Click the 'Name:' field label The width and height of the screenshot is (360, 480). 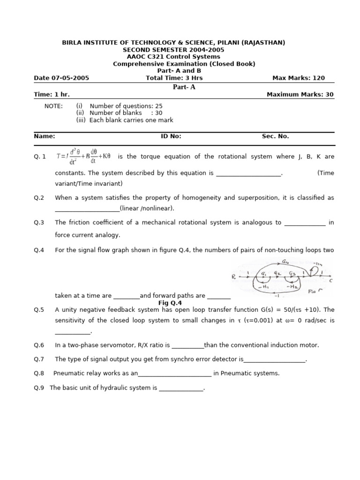[x=45, y=136]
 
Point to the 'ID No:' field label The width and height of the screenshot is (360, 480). [x=171, y=136]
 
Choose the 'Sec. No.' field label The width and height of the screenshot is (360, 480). [x=275, y=136]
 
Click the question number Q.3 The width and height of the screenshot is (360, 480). [x=39, y=223]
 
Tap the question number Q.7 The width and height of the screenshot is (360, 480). [x=39, y=359]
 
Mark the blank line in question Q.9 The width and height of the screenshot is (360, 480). [x=181, y=388]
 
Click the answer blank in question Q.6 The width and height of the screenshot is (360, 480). [x=187, y=345]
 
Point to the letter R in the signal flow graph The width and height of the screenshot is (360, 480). [x=233, y=277]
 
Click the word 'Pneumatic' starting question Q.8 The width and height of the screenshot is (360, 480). [x=69, y=373]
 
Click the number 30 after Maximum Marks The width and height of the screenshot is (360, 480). [x=329, y=94]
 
